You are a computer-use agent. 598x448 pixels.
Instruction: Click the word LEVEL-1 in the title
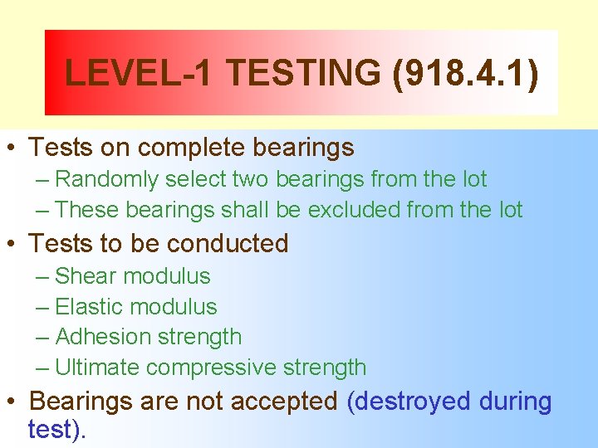(138, 73)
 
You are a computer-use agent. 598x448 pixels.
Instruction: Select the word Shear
(86, 276)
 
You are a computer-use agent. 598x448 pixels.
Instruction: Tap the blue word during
(515, 402)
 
